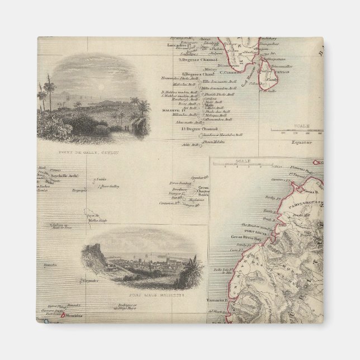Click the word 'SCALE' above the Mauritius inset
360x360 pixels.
click(x=243, y=161)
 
